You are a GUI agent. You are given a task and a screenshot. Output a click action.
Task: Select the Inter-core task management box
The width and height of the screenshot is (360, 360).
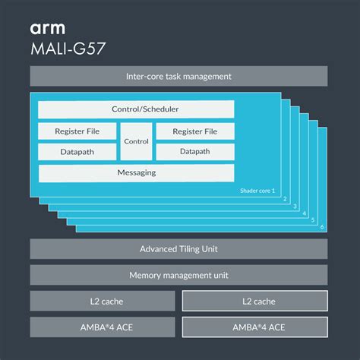pos(178,77)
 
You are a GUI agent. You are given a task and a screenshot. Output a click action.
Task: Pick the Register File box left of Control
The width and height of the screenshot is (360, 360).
pos(77,131)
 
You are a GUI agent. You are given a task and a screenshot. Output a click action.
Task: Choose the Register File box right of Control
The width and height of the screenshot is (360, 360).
pos(194,131)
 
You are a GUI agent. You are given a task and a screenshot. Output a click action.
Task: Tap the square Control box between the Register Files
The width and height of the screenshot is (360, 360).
pos(136,141)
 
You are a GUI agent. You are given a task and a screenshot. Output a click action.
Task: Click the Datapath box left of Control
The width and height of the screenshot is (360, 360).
pos(77,152)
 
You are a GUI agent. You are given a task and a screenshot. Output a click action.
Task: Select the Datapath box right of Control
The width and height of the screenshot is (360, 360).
pos(194,152)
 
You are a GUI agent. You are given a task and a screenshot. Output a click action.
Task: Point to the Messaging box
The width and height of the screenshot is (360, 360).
pos(136,173)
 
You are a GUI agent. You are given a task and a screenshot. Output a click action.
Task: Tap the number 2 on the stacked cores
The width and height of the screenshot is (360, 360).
pos(284,199)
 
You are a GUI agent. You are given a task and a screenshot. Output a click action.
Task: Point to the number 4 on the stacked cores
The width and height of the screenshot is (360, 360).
pos(305,213)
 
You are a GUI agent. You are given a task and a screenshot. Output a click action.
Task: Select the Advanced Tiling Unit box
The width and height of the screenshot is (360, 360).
pos(178,249)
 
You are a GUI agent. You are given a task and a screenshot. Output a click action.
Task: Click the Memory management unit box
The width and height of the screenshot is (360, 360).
pos(178,275)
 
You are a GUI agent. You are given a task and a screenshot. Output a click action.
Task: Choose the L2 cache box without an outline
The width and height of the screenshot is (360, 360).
pos(102,301)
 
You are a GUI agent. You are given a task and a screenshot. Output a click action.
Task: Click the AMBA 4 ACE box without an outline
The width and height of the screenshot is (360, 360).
pos(102,327)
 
